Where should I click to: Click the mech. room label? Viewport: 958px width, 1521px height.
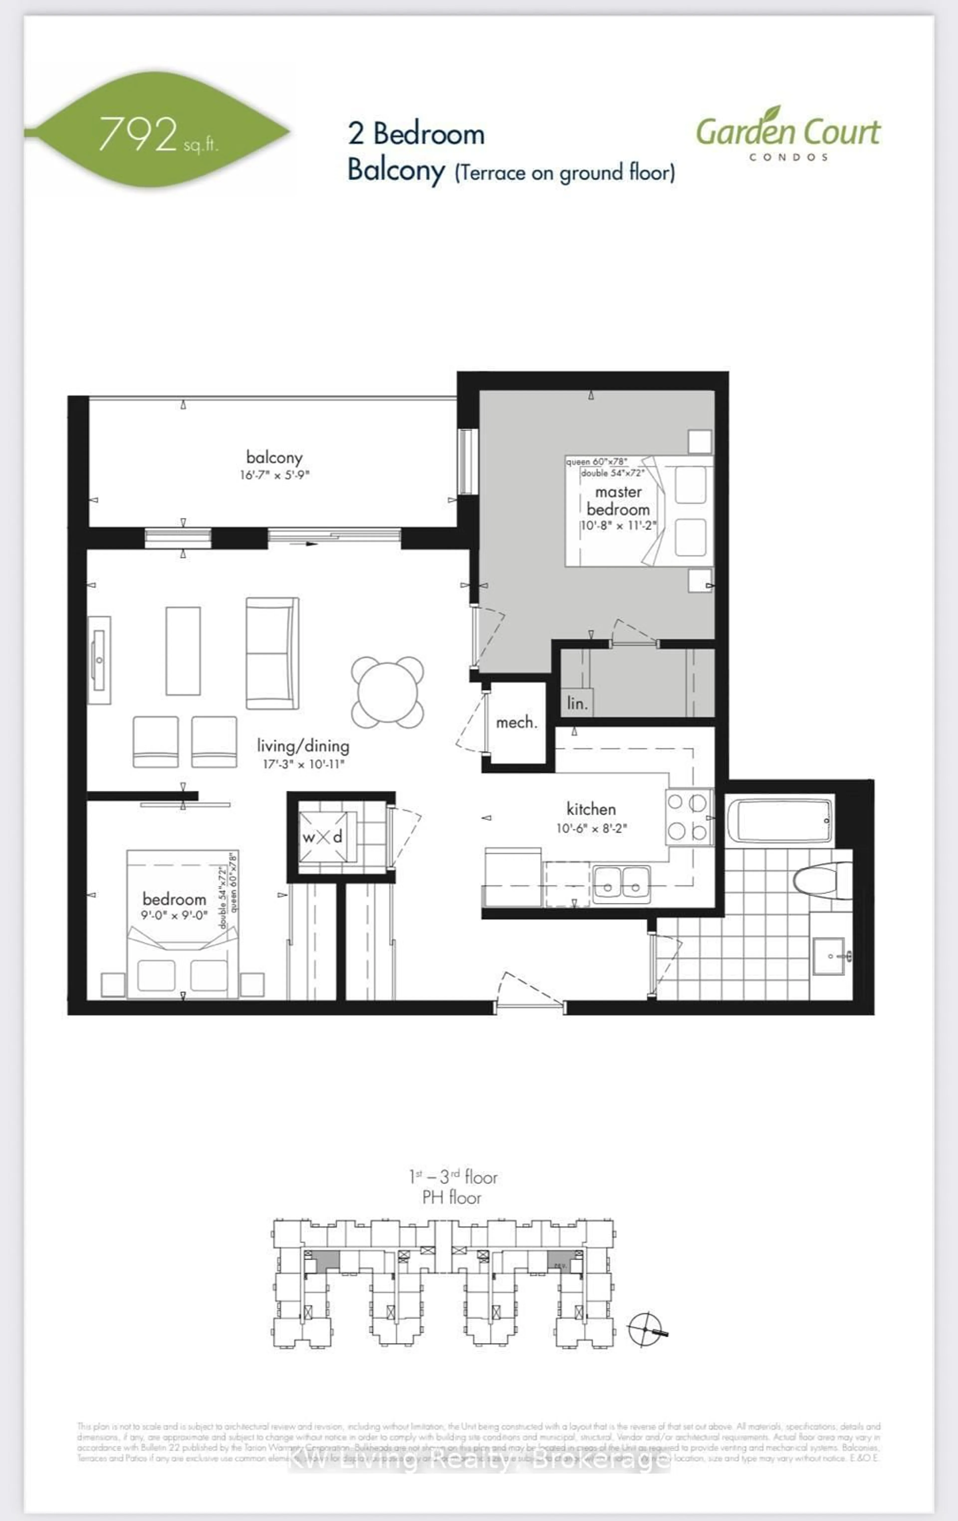[516, 722]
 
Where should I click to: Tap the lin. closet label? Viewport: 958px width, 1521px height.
[576, 703]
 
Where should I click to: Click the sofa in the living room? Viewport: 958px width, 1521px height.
[272, 653]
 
